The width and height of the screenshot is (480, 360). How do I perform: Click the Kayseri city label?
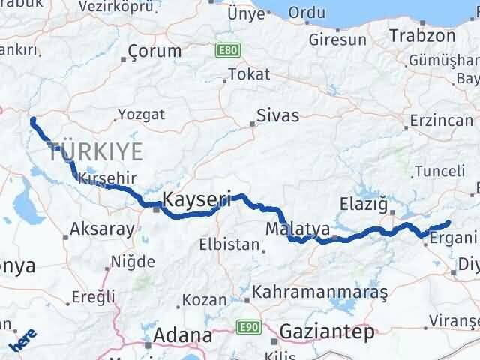(x=195, y=200)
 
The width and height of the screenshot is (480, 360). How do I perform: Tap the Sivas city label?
(x=277, y=116)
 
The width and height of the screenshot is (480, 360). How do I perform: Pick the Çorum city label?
(x=154, y=52)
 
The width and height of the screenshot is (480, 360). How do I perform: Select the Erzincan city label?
(x=442, y=120)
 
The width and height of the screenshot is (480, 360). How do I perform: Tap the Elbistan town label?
(x=229, y=244)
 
